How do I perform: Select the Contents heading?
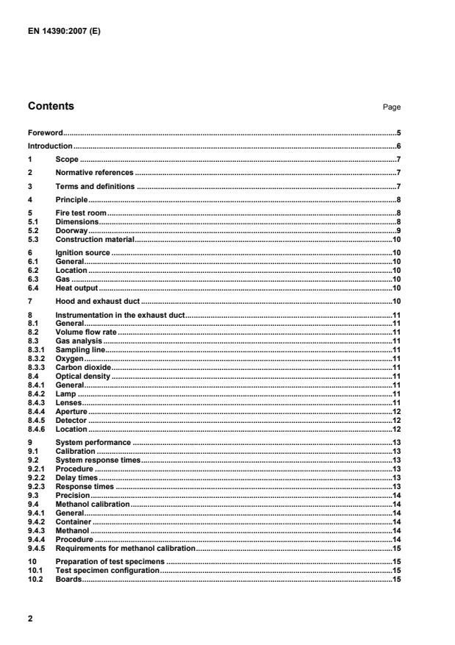click(x=51, y=106)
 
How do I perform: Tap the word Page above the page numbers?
click(x=391, y=107)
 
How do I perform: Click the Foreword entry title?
click(x=45, y=133)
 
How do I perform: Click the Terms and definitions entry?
click(x=95, y=186)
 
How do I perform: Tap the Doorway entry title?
click(x=70, y=230)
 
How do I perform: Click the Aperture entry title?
click(x=71, y=410)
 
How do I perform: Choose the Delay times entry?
click(x=76, y=477)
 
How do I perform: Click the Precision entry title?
click(x=71, y=496)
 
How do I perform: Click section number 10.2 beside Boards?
click(x=35, y=580)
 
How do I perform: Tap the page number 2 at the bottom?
click(x=30, y=619)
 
